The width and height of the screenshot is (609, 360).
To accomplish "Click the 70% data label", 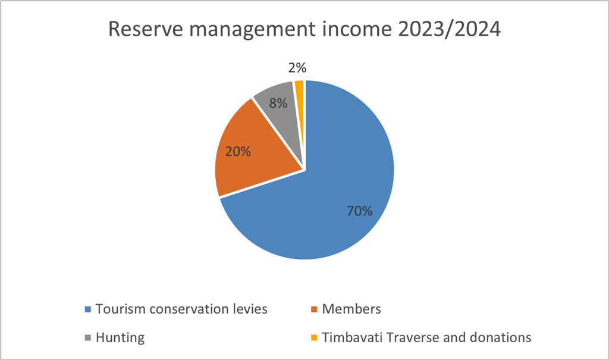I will point(360,211).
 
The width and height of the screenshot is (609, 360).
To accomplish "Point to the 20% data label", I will point(238,151).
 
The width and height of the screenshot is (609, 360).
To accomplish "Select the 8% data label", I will point(278,103).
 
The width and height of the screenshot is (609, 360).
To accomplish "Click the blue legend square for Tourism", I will point(88,309).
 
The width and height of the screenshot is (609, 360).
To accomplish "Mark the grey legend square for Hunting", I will point(88,338).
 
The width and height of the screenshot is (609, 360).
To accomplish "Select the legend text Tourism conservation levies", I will point(182,309).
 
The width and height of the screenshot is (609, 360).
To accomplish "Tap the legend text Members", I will point(351,309).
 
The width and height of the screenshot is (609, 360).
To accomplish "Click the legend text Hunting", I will point(121,338).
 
